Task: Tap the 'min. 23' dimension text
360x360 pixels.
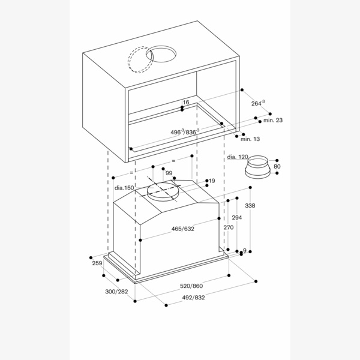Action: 272,121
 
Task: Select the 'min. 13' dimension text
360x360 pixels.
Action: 250,139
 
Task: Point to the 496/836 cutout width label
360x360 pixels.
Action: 184,131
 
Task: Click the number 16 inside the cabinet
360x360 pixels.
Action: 186,103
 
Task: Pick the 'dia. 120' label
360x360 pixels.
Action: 238,157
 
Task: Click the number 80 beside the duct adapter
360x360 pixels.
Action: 277,166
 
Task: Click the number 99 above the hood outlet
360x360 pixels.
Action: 169,173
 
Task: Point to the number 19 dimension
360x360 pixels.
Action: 212,181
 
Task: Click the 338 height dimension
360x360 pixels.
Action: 251,206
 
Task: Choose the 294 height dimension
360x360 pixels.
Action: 237,217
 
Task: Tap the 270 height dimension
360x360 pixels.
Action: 228,228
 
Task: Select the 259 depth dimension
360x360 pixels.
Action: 96,263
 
